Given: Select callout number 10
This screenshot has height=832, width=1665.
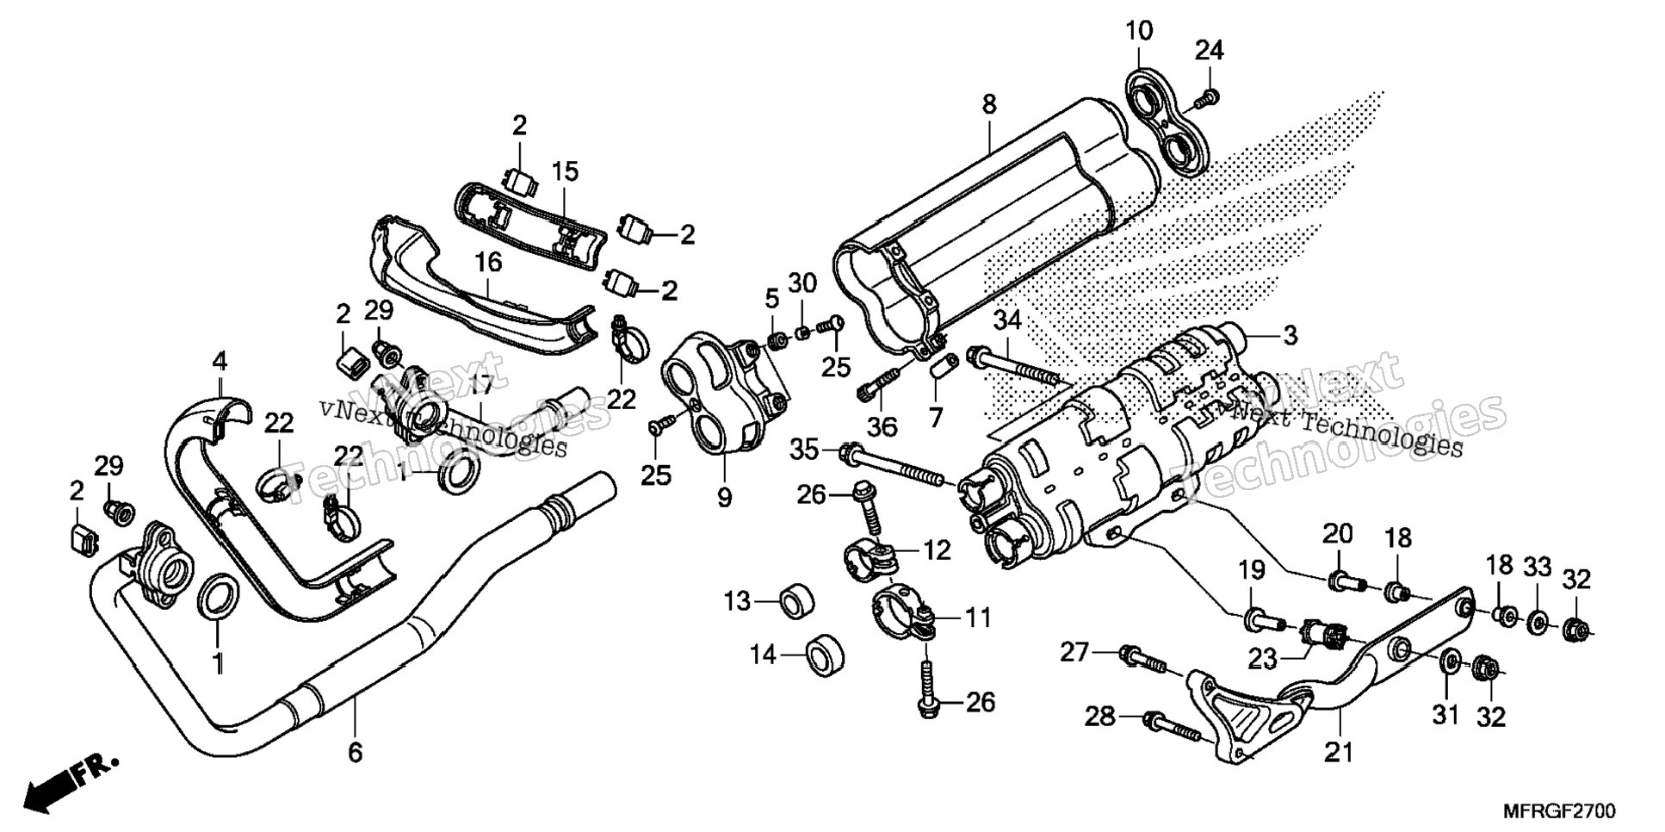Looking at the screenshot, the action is [x=1138, y=32].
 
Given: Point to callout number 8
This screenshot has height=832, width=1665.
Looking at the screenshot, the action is [x=989, y=105].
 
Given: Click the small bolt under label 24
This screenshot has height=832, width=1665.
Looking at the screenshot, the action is [x=1206, y=101].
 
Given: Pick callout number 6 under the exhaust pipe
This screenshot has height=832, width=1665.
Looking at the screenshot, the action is [x=356, y=752].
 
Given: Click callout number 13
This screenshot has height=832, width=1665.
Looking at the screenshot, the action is [x=737, y=600].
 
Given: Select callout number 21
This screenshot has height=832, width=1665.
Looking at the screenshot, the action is [x=1339, y=752].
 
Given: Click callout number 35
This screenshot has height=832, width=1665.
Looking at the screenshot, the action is [x=806, y=449].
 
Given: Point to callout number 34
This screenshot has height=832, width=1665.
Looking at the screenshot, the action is [x=1006, y=321].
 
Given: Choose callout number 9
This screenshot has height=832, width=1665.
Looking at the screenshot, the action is [x=724, y=497].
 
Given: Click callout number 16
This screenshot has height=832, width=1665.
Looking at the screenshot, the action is [x=489, y=263].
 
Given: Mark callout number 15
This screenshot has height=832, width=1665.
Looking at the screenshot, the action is [x=565, y=171].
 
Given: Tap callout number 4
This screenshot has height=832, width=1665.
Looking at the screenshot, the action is [x=220, y=361].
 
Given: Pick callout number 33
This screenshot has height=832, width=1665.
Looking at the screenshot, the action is [x=1538, y=567].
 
